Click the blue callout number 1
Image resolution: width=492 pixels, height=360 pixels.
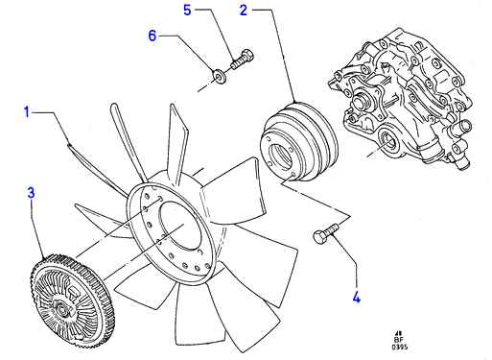[x=27, y=112]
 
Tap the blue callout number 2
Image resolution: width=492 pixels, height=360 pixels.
[x=244, y=11]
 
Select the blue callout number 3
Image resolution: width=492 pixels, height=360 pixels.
[x=31, y=193]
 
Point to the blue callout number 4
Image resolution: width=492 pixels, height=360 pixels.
[x=357, y=297]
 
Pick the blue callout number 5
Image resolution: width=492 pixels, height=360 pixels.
[x=187, y=10]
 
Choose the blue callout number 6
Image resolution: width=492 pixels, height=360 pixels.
[x=152, y=36]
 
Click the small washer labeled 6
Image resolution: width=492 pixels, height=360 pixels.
[x=219, y=77]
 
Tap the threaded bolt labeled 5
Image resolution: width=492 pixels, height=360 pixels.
[x=242, y=60]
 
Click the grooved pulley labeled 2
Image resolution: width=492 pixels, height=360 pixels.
[x=299, y=142]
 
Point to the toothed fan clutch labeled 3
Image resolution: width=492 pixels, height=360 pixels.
[x=71, y=300]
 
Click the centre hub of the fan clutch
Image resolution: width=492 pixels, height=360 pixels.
[x=60, y=309]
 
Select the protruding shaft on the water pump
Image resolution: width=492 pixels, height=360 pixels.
[x=361, y=101]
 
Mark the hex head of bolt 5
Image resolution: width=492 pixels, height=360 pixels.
[x=247, y=55]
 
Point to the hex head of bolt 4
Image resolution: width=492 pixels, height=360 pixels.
[x=319, y=238]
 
